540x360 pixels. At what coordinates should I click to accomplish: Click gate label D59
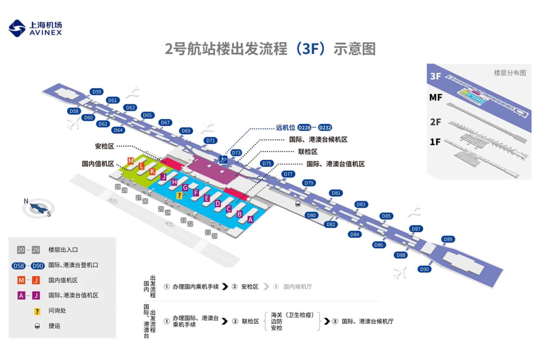click(x=97, y=92)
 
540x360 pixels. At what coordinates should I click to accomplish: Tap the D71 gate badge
click(x=211, y=141)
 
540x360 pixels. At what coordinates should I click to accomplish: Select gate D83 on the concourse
click(x=361, y=204)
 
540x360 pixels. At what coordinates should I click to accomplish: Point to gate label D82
click(x=331, y=224)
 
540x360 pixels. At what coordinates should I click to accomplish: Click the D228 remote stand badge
click(x=304, y=128)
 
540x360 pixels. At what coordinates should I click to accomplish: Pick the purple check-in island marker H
click(x=174, y=182)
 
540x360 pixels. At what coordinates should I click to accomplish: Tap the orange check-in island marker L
click(x=141, y=166)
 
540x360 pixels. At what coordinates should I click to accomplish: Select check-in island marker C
click(x=229, y=209)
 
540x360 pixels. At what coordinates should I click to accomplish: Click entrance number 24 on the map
click(x=168, y=213)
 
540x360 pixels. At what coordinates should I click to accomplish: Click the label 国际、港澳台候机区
click(x=318, y=139)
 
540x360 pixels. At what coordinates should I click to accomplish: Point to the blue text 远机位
click(x=285, y=128)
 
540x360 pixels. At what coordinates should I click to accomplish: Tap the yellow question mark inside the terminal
click(x=179, y=195)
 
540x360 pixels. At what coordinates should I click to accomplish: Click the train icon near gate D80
click(x=298, y=204)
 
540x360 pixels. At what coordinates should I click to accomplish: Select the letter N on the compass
click(x=26, y=201)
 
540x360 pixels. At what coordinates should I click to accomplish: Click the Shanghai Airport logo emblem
click(x=17, y=28)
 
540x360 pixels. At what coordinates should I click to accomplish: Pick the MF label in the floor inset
click(x=436, y=97)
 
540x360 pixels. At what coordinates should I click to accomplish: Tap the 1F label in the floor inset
click(x=435, y=142)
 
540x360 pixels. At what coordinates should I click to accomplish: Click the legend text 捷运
click(x=54, y=326)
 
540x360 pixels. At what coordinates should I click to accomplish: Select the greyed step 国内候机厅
click(x=298, y=287)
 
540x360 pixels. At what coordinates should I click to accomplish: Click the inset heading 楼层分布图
click(x=510, y=73)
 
